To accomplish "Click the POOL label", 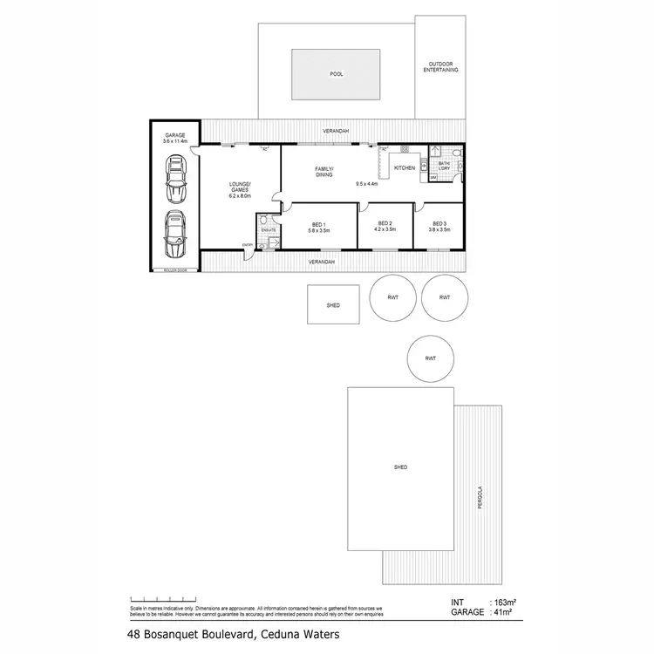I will coord(336,75).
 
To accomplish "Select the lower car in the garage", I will coord(175,233).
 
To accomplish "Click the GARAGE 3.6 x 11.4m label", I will coord(175,138).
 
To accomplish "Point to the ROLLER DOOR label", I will coord(175,270).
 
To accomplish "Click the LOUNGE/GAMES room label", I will coord(239,187).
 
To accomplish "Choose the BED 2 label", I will coord(385,227).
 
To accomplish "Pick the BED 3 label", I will coord(439,227).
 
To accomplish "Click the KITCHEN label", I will coord(404,167).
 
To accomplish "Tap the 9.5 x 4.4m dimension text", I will coord(368,184).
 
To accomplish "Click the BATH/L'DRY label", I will coord(444,165).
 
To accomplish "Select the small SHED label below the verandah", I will coord(332,306).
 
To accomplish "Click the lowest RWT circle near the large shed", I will coord(430,358).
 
